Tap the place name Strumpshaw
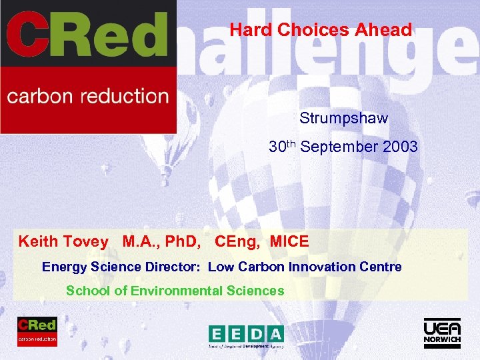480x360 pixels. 343,119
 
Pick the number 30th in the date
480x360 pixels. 283,146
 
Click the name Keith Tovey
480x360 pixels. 63,241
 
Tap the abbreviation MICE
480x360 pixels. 289,241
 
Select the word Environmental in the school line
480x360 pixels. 177,291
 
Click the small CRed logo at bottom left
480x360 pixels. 37,331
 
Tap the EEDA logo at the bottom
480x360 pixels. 246,337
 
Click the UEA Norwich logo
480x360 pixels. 442,333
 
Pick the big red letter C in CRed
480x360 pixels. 28,36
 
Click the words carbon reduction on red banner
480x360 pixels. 88,96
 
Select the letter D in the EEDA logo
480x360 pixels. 256,334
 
